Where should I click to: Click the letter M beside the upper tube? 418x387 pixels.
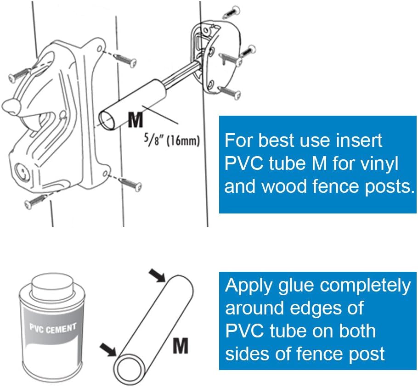[136, 120]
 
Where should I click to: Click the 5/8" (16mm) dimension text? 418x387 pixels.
[172, 140]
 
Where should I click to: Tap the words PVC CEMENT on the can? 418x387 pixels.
[53, 329]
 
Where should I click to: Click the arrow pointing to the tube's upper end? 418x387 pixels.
[158, 275]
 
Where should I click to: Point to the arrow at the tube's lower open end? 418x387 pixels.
[108, 349]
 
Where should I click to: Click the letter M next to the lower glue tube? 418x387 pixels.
[181, 345]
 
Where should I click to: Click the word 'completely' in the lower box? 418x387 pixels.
[366, 286]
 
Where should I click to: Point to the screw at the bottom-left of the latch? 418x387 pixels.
[35, 202]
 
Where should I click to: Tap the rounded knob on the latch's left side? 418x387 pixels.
[11, 107]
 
